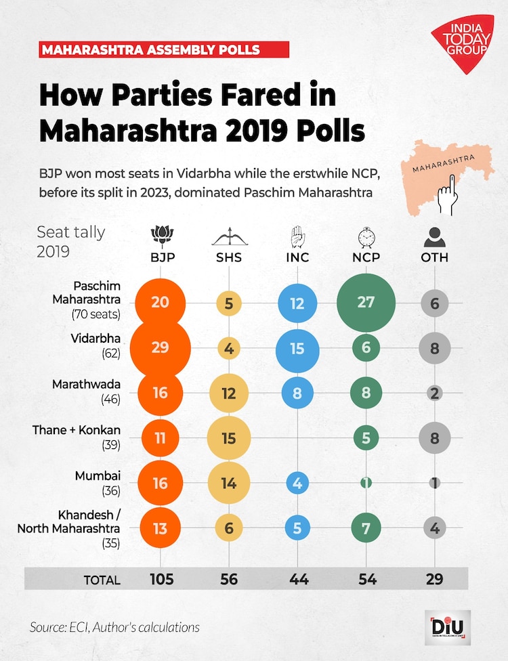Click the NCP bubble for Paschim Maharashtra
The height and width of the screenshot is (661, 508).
(366, 303)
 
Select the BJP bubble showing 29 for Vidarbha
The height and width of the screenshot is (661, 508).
(161, 347)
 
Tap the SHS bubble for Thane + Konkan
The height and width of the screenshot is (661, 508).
(229, 438)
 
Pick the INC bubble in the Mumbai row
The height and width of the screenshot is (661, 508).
(297, 484)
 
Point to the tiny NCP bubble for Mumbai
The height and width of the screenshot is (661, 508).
(366, 484)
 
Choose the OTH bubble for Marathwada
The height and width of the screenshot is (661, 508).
(434, 393)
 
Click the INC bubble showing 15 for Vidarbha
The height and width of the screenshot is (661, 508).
(297, 347)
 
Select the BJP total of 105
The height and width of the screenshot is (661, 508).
(161, 579)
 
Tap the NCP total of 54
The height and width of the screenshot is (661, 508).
(366, 579)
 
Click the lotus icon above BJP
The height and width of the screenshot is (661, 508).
(161, 236)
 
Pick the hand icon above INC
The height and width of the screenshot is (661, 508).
(297, 236)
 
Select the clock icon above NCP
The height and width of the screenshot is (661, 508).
(366, 237)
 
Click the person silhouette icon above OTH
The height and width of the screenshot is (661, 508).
(434, 237)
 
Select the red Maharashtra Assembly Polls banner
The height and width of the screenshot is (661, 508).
(164, 49)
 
